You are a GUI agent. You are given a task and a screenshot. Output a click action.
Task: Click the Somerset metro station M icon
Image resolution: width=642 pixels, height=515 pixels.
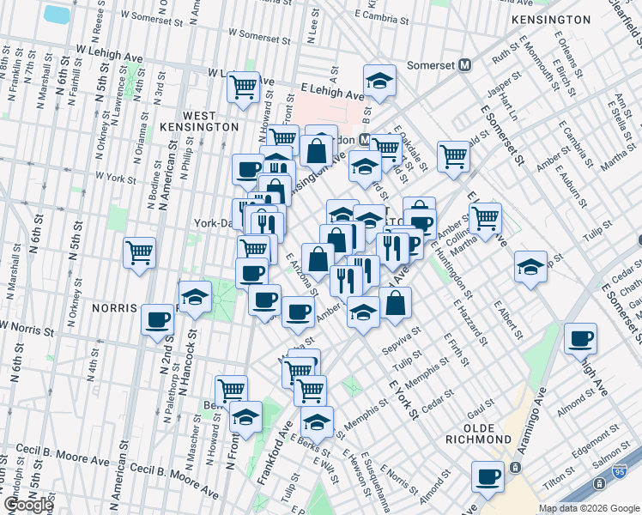point(466,64)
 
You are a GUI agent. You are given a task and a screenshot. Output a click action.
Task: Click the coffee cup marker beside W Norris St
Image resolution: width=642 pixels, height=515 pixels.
point(158,319)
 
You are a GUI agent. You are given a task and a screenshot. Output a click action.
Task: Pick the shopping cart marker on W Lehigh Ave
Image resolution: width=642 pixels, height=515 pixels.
point(243,85)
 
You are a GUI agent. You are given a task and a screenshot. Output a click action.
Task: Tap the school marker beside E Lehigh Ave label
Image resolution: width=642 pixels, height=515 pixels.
point(379,80)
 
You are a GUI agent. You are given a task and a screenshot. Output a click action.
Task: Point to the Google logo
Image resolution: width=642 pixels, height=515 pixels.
point(28,505)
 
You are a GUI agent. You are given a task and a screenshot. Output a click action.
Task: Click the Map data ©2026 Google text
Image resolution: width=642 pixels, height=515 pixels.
point(588,508)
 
